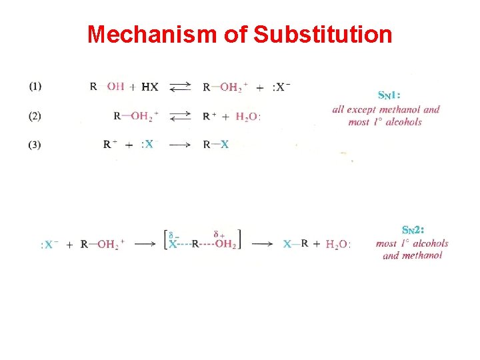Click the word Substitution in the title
click(323, 34)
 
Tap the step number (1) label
click(35, 86)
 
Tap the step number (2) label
click(35, 115)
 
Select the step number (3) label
click(35, 145)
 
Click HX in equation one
click(150, 87)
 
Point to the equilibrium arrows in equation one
click(179, 87)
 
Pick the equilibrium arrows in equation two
click(179, 116)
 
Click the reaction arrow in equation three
click(179, 145)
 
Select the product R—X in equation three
click(216, 145)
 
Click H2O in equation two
click(248, 117)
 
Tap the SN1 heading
click(389, 95)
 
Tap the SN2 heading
click(413, 230)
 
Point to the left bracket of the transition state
click(166, 239)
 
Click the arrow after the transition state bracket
click(262, 244)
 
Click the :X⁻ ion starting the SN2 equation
click(49, 245)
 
